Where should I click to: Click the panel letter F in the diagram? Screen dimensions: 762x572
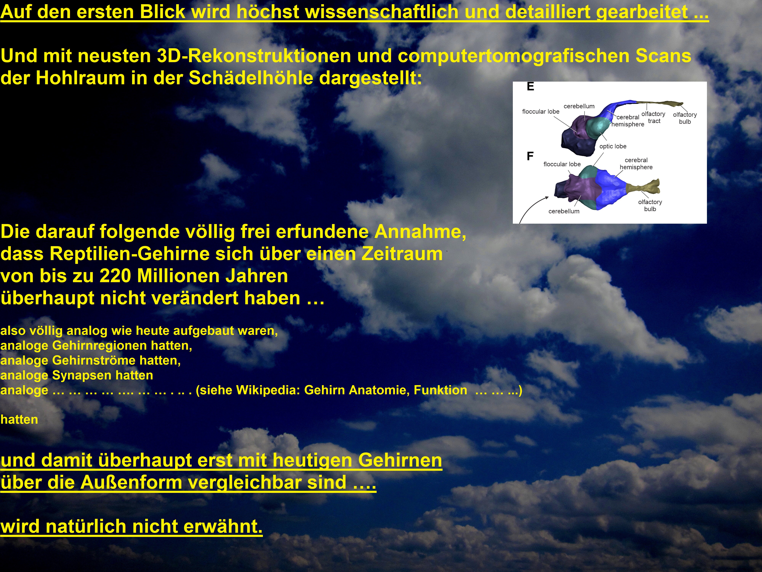[x=530, y=156]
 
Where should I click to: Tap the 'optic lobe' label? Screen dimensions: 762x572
[x=613, y=146]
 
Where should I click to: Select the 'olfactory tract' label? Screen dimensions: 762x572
[x=653, y=117]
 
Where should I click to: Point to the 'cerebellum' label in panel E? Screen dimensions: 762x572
[x=579, y=106]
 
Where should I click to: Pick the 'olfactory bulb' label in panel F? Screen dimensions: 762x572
[x=650, y=206]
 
